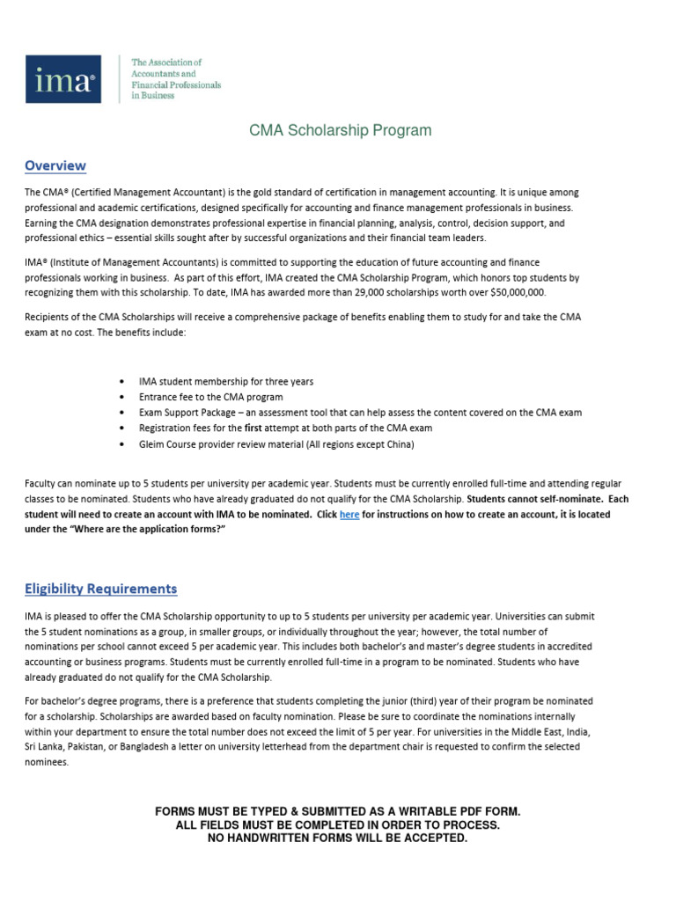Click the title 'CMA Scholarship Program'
click(341, 130)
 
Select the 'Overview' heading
click(55, 165)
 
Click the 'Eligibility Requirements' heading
click(100, 589)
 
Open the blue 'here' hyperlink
click(349, 515)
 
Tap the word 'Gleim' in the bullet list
click(152, 443)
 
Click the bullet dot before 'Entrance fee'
click(121, 398)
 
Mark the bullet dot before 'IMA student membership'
click(121, 382)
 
